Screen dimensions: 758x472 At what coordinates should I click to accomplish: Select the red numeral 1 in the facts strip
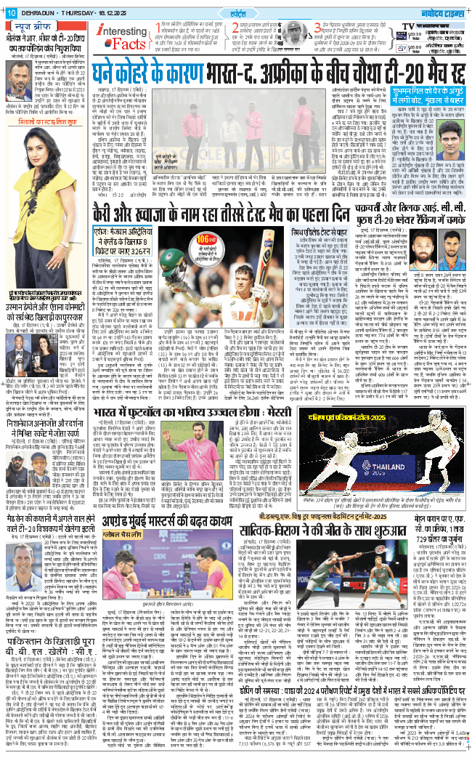pos(158,28)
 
